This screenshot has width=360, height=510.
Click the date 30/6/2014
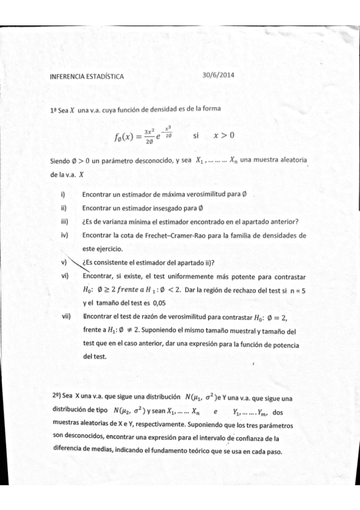pos(219,76)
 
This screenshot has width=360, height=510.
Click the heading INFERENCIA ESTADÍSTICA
pos(88,77)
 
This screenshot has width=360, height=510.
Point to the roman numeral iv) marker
pos(64,235)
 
